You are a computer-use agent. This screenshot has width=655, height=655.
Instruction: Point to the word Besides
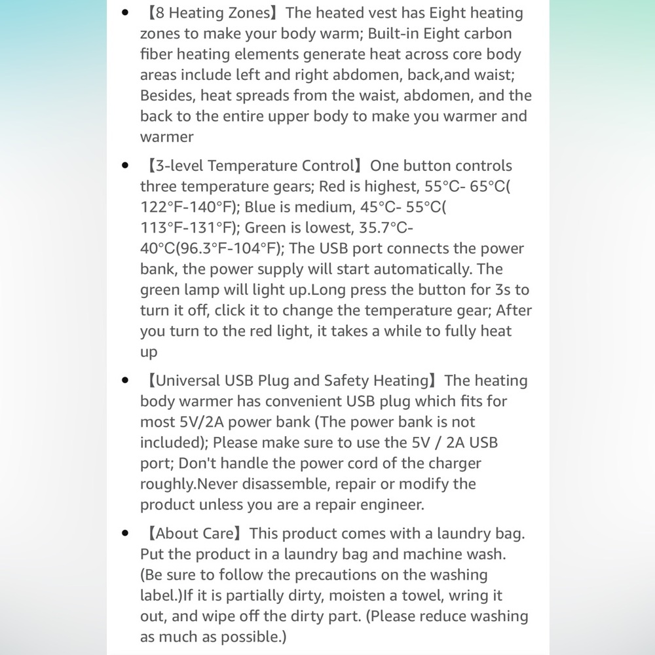167,96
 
